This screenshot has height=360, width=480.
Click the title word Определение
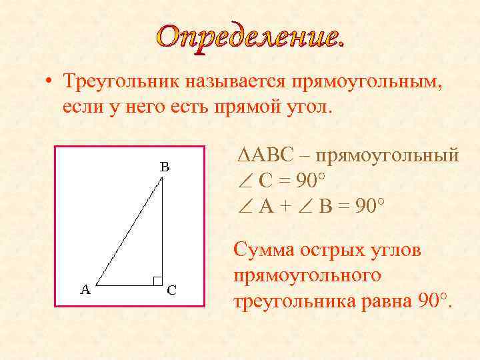pos(252,35)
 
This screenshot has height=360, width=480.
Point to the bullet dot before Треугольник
pos(50,83)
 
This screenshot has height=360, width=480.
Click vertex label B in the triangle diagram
pos(164,167)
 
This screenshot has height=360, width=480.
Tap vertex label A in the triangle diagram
pos(85,289)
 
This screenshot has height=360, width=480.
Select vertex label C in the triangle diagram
pos(171,290)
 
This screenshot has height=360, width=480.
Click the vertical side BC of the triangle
pos(163,233)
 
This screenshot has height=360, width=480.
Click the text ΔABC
pos(265,156)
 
